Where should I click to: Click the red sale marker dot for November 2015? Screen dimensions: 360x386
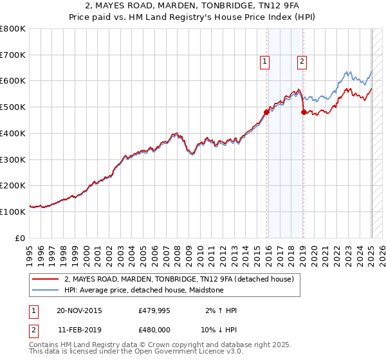(x=267, y=112)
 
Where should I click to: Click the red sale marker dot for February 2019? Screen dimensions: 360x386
(x=304, y=112)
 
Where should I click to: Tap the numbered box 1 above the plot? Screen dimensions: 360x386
(x=264, y=62)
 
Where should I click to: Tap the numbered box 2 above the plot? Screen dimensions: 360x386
(x=302, y=62)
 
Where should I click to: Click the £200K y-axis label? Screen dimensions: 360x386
(x=13, y=186)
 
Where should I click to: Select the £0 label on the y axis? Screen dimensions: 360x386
(x=20, y=238)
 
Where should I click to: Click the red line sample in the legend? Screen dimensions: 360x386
(x=46, y=279)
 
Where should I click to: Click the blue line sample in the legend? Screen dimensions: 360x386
(x=46, y=290)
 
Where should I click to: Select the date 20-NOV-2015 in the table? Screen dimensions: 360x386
(x=79, y=310)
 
